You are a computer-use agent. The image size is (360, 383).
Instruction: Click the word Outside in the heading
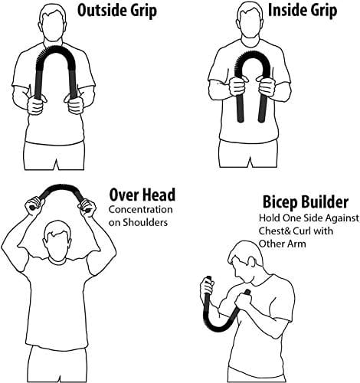pyautogui.click(x=100, y=10)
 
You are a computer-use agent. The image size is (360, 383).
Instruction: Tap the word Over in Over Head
pyautogui.click(x=124, y=195)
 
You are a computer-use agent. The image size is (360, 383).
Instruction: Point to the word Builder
pyautogui.click(x=325, y=202)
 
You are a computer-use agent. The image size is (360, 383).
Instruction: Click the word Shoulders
pyautogui.click(x=145, y=222)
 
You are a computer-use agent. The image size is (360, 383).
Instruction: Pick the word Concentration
pyautogui.click(x=141, y=210)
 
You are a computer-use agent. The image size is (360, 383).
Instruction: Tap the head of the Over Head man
pyautogui.click(x=57, y=241)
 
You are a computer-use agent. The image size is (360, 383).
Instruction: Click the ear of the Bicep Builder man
pyautogui.click(x=250, y=262)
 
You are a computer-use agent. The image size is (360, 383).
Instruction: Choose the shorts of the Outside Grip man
pyautogui.click(x=54, y=155)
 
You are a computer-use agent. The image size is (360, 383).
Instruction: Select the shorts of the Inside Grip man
pyautogui.click(x=248, y=152)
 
